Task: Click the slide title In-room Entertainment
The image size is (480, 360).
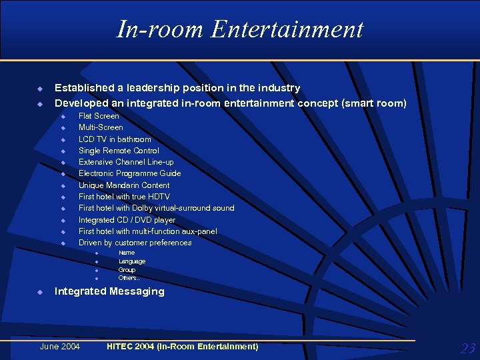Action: point(240,29)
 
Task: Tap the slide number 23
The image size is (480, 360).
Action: point(468,348)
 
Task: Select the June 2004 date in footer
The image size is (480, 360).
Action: point(60,347)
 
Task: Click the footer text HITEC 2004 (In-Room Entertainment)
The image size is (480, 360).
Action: point(182,347)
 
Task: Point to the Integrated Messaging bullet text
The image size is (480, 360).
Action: point(109,291)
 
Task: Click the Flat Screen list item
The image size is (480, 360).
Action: point(99,116)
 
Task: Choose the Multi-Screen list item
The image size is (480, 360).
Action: point(101,127)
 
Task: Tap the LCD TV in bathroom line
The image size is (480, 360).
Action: point(115,139)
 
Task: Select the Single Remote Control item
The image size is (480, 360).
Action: point(119,151)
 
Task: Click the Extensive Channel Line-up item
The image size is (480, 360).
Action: point(126,162)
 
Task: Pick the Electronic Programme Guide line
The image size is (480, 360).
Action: point(129,173)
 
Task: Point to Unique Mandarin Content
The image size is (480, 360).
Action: point(124,185)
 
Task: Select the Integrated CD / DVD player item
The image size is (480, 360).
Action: point(127,220)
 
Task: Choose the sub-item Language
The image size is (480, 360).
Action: point(131,261)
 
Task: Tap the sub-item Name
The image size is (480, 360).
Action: point(126,253)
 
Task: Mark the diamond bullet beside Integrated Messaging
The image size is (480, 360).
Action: point(40,292)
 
